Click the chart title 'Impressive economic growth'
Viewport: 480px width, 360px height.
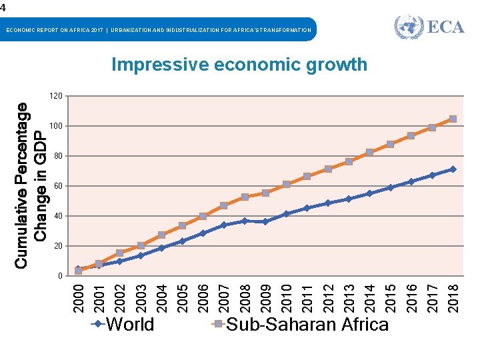tap(239, 65)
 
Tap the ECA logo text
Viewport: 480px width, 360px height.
tap(445, 27)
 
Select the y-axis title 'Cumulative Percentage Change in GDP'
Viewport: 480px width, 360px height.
tap(31, 185)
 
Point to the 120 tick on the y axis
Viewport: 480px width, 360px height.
tap(56, 97)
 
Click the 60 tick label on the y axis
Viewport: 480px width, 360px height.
tap(58, 186)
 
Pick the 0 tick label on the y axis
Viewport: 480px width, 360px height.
tap(60, 276)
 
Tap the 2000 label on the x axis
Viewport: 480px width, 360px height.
tap(79, 295)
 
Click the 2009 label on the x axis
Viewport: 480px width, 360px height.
tap(266, 295)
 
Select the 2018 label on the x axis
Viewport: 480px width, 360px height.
tap(453, 295)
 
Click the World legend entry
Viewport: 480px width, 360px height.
tap(123, 325)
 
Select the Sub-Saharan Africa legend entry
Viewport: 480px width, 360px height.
tap(300, 325)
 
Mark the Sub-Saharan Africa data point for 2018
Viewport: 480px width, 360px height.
tap(453, 119)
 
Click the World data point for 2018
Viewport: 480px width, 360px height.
tap(453, 169)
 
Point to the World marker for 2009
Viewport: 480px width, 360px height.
tap(266, 221)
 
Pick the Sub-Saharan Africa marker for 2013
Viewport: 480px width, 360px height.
tap(349, 162)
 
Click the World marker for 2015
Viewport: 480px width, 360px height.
tap(391, 187)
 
